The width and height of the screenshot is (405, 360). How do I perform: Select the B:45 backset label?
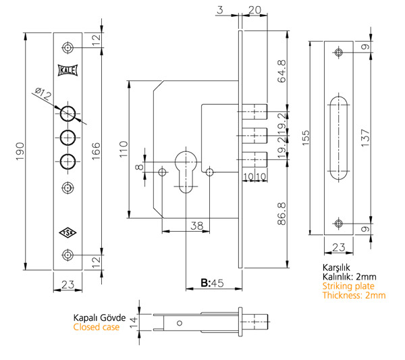pos(212,283)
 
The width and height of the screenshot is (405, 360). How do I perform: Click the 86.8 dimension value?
pos(282,212)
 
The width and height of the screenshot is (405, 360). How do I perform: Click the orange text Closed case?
pos(97,327)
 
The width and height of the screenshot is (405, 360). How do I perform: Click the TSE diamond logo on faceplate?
pos(67,232)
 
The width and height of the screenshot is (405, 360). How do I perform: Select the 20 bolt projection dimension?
pos(254,10)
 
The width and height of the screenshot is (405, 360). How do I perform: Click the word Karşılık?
pos(337,267)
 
